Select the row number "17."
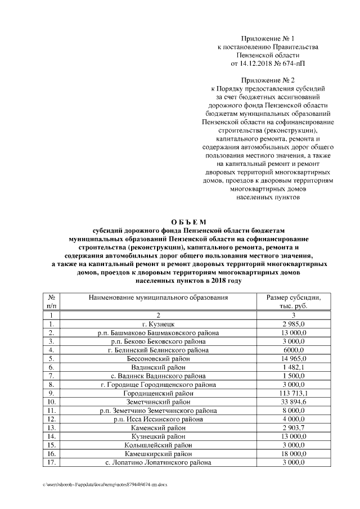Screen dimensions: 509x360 click(x=51, y=462)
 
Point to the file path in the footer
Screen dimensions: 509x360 click(x=104, y=484)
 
